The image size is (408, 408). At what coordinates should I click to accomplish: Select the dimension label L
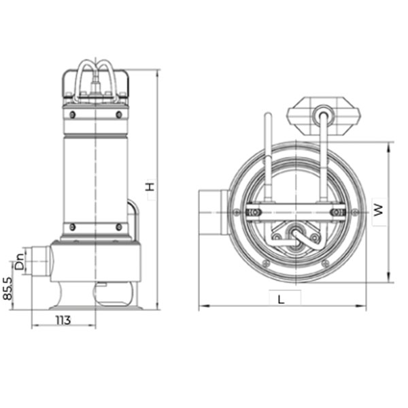click(280, 298)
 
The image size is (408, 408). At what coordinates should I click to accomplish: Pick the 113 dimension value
click(62, 320)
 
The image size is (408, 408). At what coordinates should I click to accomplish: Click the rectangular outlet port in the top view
click(214, 213)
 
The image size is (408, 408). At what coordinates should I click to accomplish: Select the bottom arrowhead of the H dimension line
click(157, 306)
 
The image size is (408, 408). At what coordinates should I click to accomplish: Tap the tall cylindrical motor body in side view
click(96, 177)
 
